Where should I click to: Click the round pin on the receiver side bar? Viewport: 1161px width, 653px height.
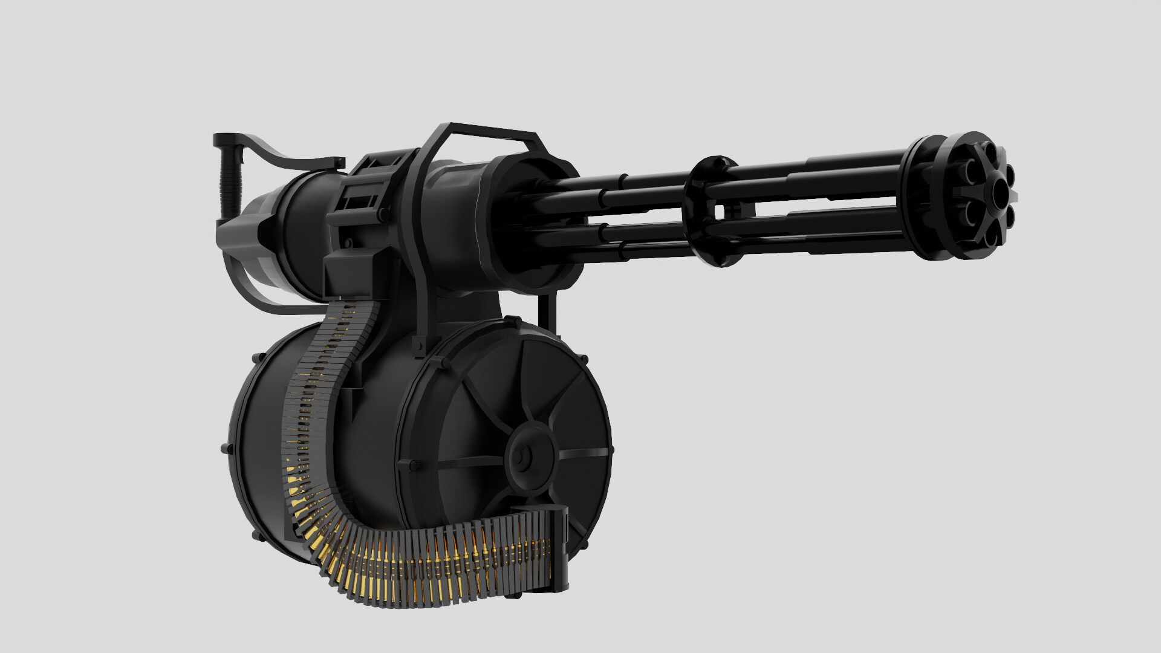pos(381,214)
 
